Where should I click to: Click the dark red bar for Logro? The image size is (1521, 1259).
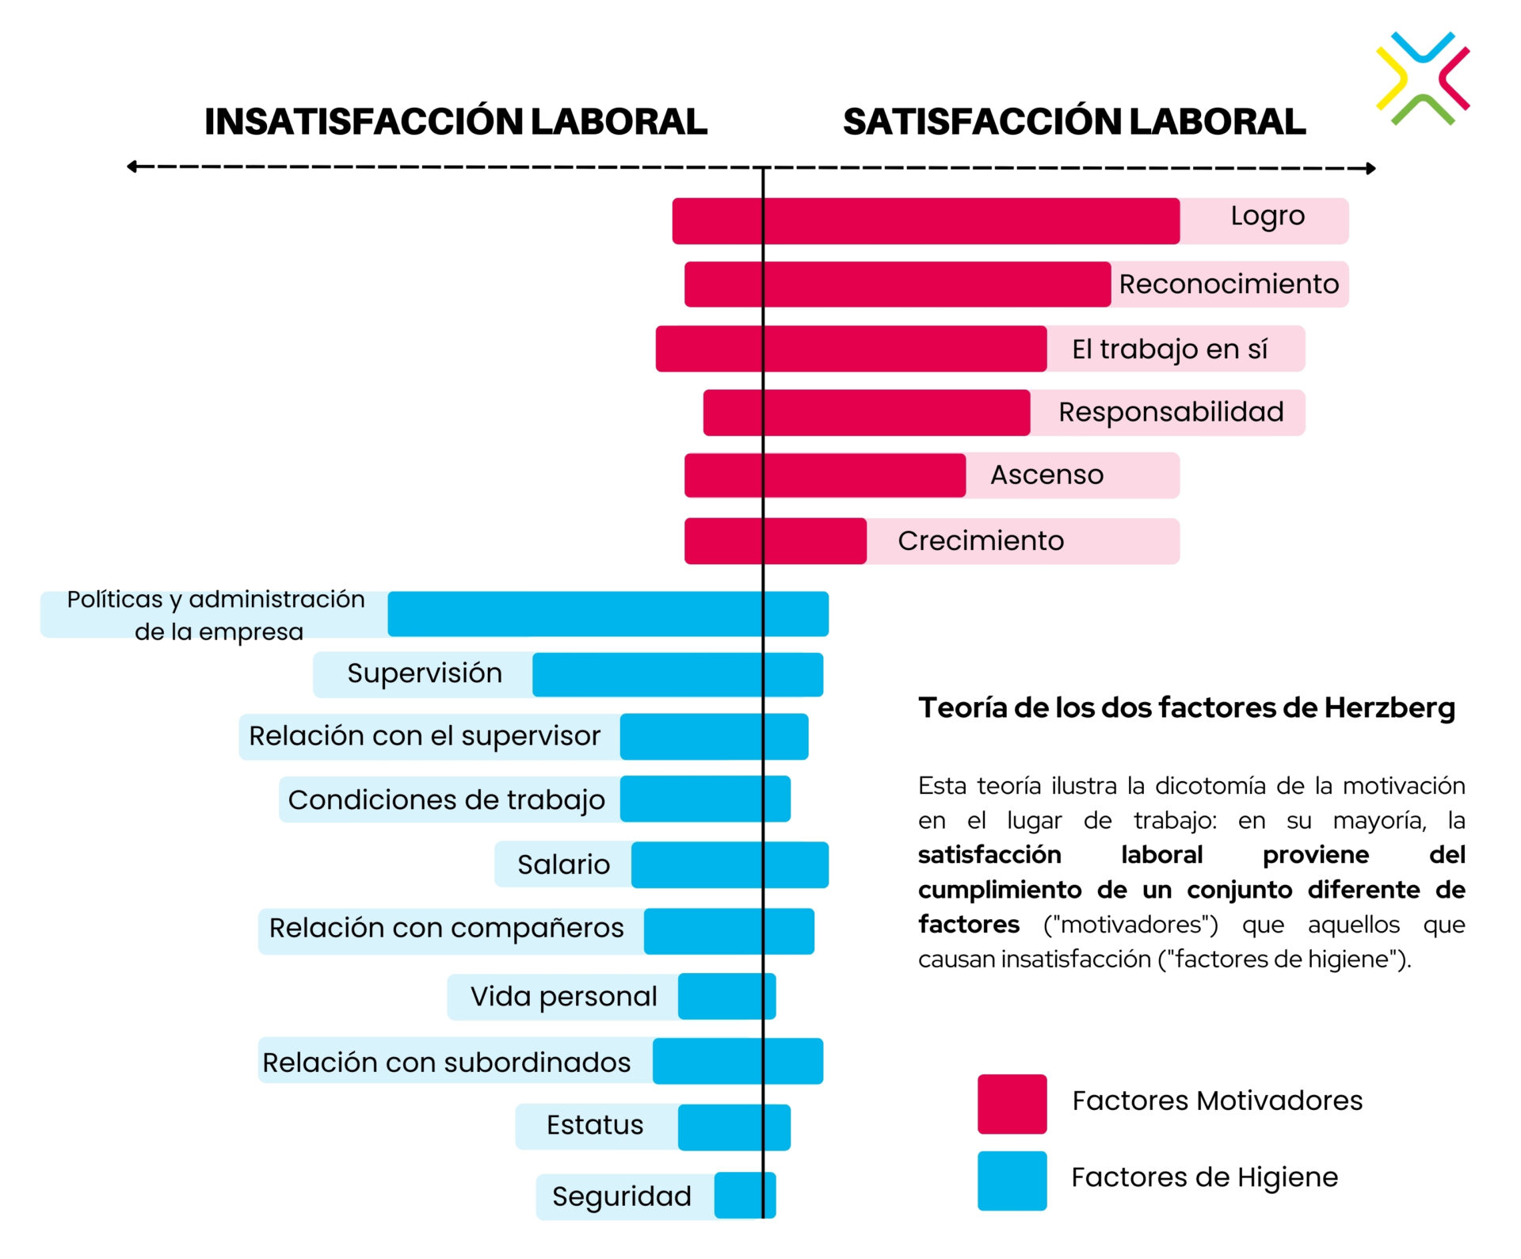click(925, 221)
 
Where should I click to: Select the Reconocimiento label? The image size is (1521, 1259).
click(1228, 284)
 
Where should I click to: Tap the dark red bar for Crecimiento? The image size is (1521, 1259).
click(775, 541)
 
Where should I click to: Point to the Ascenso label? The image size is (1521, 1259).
click(1046, 475)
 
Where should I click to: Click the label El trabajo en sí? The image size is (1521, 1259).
click(1169, 349)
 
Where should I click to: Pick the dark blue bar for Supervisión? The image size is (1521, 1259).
click(677, 675)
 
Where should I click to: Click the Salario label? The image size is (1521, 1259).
click(563, 864)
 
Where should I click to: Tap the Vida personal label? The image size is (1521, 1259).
click(563, 997)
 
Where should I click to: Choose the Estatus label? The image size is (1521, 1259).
click(595, 1125)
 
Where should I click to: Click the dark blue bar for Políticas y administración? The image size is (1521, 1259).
click(608, 614)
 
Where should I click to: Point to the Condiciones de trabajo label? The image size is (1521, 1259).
click(446, 800)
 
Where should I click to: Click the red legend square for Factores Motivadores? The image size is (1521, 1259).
click(1012, 1104)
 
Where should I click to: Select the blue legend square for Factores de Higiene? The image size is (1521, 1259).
click(1012, 1181)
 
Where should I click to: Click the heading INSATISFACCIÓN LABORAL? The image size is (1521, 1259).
click(456, 122)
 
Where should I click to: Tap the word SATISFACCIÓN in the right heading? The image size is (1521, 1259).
click(982, 122)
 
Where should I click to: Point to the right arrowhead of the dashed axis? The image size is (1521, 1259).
click(1371, 168)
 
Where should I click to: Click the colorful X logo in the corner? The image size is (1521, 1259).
click(1423, 78)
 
